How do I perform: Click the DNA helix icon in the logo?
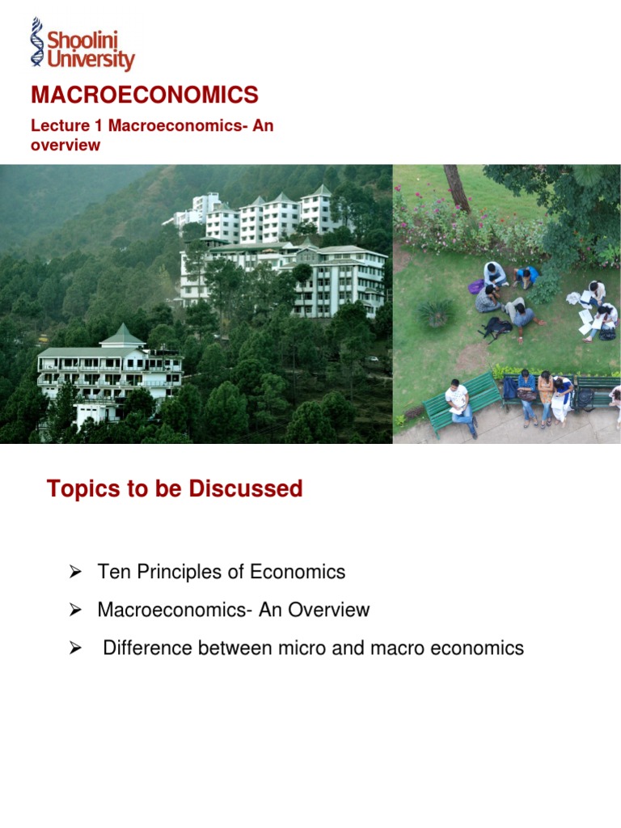(x=37, y=42)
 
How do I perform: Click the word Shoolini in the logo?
(x=82, y=40)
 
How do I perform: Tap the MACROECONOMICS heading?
(x=145, y=95)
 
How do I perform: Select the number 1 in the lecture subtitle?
(x=98, y=125)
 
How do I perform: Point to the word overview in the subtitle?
(x=65, y=146)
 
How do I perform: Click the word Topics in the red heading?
(x=83, y=489)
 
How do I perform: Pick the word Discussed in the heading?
(x=246, y=488)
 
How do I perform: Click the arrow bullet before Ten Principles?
(x=75, y=572)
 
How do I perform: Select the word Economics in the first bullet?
(x=298, y=572)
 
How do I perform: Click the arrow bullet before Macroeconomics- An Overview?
(x=75, y=610)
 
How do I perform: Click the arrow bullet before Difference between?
(x=75, y=648)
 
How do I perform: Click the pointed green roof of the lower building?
(x=123, y=335)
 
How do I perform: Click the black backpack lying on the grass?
(x=496, y=328)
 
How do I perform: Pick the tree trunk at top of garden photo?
(x=457, y=188)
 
